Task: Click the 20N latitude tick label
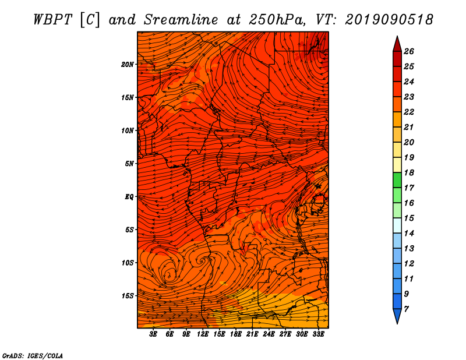128,65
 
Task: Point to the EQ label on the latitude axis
129,197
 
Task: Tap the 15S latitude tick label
128,296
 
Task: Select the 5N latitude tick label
129,164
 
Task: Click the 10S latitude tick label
128,263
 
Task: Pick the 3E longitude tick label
153,334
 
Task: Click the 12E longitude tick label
203,334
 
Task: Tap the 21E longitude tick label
252,334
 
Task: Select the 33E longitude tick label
318,334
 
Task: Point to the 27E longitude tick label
285,334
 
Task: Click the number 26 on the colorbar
409,51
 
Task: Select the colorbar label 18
409,172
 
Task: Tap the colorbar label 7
406,309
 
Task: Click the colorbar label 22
409,112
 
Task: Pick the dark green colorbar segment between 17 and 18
397,180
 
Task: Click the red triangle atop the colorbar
397,44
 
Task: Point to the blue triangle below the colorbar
397,316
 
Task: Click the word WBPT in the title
52,20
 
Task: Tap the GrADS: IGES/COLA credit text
33,356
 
